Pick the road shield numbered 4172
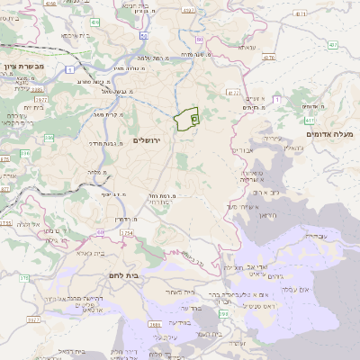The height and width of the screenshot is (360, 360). click(x=234, y=91)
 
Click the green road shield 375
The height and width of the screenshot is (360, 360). click(x=24, y=279)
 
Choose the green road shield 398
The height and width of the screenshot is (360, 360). click(x=221, y=312)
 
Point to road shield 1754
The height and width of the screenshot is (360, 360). click(x=125, y=233)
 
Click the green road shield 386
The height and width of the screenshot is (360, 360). click(x=26, y=154)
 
